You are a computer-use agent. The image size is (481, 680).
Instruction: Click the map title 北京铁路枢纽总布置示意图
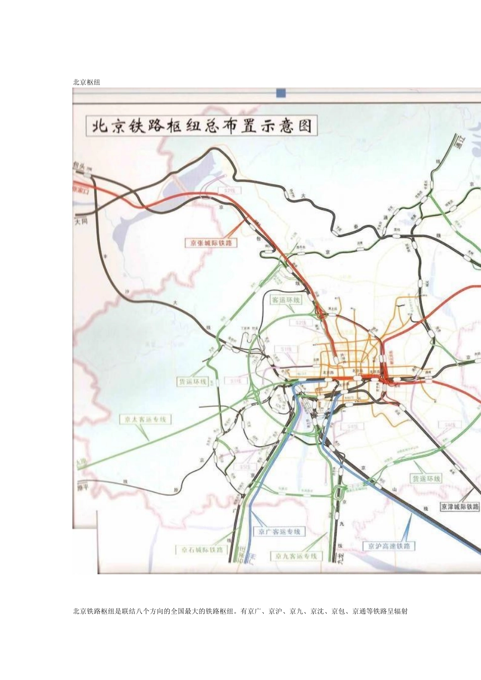pyautogui.click(x=202, y=126)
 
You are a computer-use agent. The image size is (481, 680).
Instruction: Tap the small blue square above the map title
pyautogui.click(x=281, y=93)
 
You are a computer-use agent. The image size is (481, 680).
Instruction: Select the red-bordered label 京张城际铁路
pyautogui.click(x=211, y=243)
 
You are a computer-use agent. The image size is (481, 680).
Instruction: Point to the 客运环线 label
pyautogui.click(x=286, y=300)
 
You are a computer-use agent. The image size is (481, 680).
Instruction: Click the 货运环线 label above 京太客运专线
pyautogui.click(x=192, y=381)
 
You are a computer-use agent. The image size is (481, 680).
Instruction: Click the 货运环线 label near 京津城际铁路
pyautogui.click(x=426, y=479)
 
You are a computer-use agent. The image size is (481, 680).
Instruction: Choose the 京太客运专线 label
pyautogui.click(x=145, y=419)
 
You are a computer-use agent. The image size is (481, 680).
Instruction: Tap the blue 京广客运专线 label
pyautogui.click(x=279, y=532)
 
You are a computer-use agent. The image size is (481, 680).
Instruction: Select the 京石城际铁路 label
pyautogui.click(x=202, y=550)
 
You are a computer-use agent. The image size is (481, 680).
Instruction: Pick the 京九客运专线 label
pyautogui.click(x=296, y=556)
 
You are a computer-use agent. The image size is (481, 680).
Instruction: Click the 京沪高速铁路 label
pyautogui.click(x=389, y=546)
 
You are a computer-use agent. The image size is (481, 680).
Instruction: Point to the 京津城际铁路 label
pyautogui.click(x=459, y=506)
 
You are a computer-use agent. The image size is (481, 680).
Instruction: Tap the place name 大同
pyautogui.click(x=81, y=221)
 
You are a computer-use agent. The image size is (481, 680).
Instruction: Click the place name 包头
pyautogui.click(x=79, y=165)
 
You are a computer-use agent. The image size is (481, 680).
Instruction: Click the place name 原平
pyautogui.click(x=82, y=486)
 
